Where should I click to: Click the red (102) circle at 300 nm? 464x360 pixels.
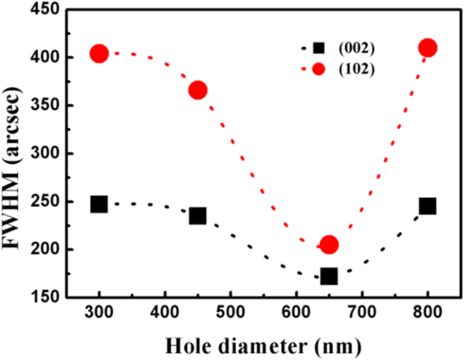coord(99,54)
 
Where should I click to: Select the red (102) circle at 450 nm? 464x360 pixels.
coord(198,90)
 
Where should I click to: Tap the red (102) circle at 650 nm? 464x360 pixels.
coord(329,245)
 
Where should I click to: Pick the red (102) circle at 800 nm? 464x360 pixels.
coord(428,48)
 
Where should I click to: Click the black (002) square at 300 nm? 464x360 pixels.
coord(99,204)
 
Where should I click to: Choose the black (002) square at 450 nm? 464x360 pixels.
coord(198,216)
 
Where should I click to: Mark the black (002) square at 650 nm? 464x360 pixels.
coord(329,276)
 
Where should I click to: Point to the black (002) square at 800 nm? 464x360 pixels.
coord(428,206)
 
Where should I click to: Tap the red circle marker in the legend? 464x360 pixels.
coord(318,69)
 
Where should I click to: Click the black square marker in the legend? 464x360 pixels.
coord(318,48)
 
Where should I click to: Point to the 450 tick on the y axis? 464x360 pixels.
coord(45,10)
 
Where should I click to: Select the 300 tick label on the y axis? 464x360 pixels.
coord(45,154)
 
